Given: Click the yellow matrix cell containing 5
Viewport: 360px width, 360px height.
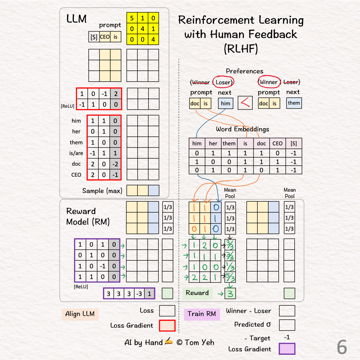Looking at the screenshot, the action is coord(132,18).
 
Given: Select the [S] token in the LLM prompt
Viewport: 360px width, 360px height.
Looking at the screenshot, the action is coord(94,37).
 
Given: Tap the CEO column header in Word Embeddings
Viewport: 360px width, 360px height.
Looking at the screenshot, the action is coord(277,144).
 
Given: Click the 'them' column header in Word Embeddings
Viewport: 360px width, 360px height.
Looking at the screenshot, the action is coord(229,144).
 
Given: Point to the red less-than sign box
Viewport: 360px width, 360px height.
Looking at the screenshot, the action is coord(245,103).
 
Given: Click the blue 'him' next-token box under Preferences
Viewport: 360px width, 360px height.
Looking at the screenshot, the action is coord(226,103).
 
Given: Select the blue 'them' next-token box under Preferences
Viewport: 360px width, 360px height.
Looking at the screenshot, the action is coord(294,103).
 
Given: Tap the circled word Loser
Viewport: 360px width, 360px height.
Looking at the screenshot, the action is coord(223,82).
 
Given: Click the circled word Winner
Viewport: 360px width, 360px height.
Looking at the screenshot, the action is coord(268,82).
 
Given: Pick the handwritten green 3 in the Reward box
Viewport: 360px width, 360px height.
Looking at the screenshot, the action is coord(230,293).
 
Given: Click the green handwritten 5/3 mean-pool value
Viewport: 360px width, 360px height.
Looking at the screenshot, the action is coord(230,277).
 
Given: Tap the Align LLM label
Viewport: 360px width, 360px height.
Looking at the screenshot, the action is coord(80,314).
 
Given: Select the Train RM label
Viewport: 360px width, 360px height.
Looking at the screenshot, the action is coord(202,314).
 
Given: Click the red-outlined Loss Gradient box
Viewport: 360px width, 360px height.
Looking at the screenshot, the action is coord(167,326).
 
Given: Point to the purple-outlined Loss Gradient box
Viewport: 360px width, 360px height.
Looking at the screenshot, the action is coord(287,349).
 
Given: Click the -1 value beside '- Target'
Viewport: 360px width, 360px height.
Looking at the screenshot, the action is coord(287,338).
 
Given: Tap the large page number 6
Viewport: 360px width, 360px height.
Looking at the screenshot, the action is coord(342,348).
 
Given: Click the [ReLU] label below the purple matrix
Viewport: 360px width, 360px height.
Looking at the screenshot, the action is coord(81,286).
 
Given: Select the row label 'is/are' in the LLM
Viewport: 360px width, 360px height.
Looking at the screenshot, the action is coord(76,153).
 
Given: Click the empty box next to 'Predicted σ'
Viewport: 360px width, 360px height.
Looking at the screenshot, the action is coord(287,325).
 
